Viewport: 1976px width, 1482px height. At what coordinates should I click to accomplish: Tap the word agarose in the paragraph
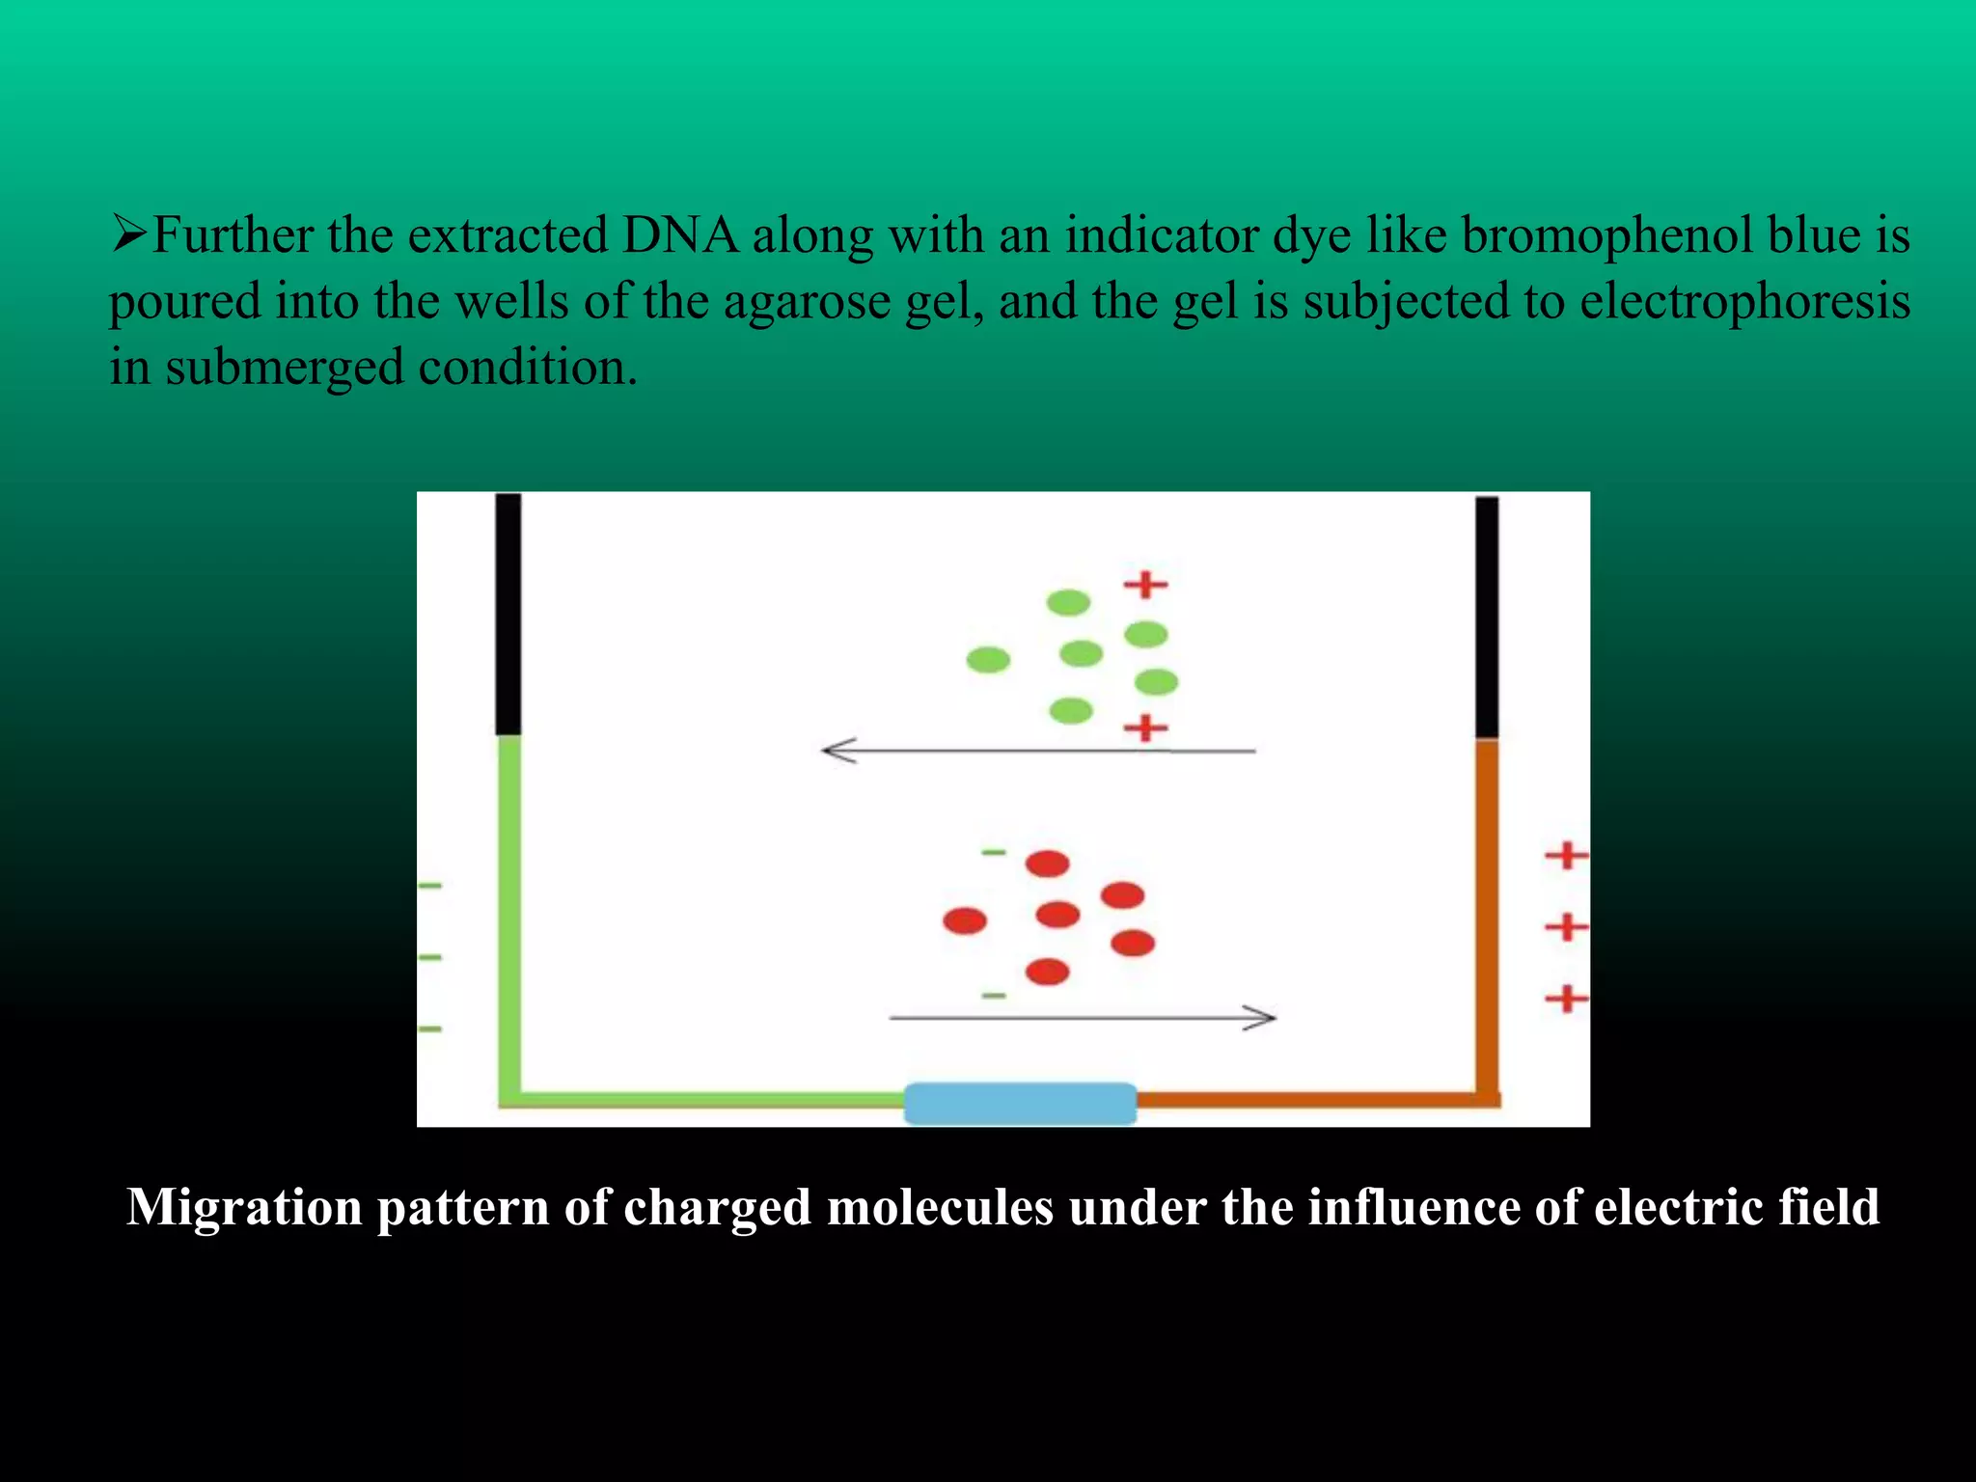pos(807,302)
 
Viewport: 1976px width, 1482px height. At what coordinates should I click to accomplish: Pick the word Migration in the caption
pos(244,1207)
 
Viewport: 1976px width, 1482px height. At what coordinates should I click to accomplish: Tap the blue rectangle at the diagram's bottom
pos(1020,1103)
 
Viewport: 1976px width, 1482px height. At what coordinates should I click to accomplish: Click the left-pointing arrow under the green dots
pos(1037,750)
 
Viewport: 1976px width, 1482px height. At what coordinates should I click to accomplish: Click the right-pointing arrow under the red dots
pos(1082,1017)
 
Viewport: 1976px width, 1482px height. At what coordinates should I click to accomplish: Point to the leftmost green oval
pos(988,660)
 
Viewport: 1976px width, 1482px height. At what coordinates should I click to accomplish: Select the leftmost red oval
pos(965,920)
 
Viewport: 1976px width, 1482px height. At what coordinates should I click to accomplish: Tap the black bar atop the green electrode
pos(508,614)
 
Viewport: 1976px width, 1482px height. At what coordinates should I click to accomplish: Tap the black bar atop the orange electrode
pos(1487,617)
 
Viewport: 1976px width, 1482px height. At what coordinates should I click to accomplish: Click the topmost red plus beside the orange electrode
pos(1566,856)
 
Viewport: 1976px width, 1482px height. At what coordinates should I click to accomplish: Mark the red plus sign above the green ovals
pos(1145,585)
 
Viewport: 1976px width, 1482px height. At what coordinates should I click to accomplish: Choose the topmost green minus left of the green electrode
pos(430,885)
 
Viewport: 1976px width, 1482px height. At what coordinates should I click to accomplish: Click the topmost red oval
pos(1047,864)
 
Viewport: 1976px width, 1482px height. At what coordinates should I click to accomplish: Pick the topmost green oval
pos(1068,603)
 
